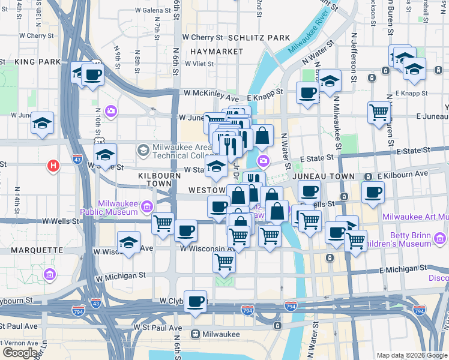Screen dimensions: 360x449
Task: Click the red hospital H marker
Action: (53, 165)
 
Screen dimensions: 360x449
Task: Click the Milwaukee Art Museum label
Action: (415, 216)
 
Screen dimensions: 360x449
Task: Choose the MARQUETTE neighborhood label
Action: (30, 248)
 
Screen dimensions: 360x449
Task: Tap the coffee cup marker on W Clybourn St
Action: (194, 301)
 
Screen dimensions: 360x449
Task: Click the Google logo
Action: (20, 353)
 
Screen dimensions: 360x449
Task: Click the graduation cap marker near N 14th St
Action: (42, 123)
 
